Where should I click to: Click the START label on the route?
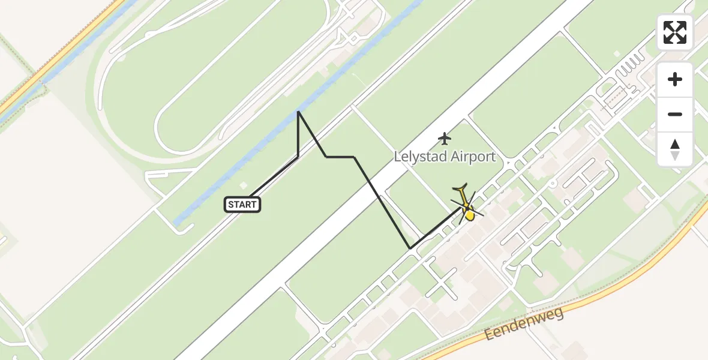coord(242,205)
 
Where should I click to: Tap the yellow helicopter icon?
coord(467,205)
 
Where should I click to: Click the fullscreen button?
coord(675,32)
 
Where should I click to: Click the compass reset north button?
coord(675,149)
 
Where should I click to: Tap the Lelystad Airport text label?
coord(445,157)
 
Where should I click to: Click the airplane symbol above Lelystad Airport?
coord(444,139)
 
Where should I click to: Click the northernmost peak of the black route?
coord(298,112)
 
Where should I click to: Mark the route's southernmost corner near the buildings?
coord(410,248)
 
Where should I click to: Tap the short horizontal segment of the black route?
coord(340,157)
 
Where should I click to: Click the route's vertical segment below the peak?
coord(298,135)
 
